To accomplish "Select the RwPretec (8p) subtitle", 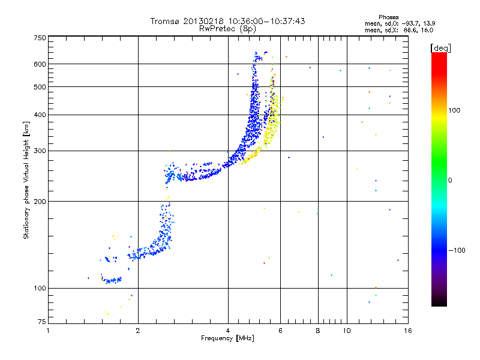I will coord(228,28).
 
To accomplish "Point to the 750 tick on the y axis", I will coord(40,38).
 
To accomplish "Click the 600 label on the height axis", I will coord(40,64).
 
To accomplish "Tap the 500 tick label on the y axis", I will coord(40,87).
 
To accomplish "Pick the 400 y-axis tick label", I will coord(40,115).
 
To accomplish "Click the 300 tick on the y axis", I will coord(40,151).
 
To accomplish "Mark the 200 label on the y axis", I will coord(40,201).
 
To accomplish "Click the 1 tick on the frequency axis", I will coord(49,331).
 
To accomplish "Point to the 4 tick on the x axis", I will coord(228,331).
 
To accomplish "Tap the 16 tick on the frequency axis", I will coord(407,331).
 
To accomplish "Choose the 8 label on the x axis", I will coord(318,331).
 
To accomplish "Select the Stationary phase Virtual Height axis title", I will coord(26,180).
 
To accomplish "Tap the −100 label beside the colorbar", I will coord(457,250).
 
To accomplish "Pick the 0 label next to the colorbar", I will coord(451,180).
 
